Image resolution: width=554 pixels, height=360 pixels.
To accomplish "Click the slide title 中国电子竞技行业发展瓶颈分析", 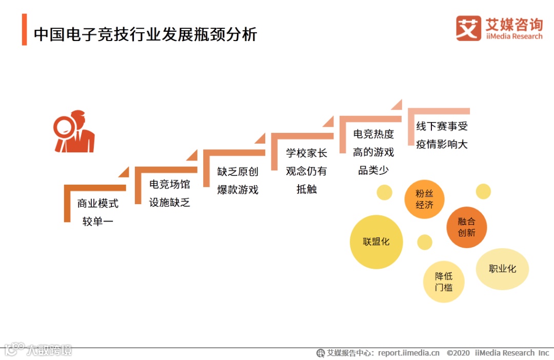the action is [x=145, y=34].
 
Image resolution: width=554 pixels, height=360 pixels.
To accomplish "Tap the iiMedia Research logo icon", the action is [x=468, y=28].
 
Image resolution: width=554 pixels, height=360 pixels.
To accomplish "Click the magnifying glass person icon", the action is [x=74, y=132].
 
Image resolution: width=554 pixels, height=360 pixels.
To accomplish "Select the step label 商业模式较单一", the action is [x=97, y=212].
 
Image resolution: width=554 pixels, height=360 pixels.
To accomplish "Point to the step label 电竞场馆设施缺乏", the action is [x=169, y=193].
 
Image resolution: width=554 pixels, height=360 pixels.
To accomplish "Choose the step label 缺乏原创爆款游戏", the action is [x=238, y=181].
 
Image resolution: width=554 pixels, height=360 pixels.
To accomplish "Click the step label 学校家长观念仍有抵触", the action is [x=306, y=171].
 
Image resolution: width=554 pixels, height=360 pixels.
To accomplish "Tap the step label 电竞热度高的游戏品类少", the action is [x=373, y=152].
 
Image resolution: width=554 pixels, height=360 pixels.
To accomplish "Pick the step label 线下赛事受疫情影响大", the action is [x=442, y=135].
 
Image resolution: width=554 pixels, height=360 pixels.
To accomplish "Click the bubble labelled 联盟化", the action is [x=377, y=242].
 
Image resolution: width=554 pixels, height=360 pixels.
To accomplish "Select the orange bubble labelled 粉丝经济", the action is [x=425, y=199].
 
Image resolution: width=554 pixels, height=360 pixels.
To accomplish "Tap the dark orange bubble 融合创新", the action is [x=466, y=227].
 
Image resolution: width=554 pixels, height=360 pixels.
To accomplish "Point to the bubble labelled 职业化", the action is [x=502, y=269].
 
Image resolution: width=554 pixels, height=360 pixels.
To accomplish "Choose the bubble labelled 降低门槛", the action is [x=444, y=282].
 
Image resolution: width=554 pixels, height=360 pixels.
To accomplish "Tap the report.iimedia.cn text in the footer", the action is [x=409, y=353].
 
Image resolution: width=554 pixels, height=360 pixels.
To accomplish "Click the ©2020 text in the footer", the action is [x=458, y=353].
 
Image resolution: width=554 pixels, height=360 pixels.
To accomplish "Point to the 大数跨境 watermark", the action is [x=49, y=350].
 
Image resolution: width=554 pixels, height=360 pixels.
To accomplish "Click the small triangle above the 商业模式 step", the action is [x=123, y=172].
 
